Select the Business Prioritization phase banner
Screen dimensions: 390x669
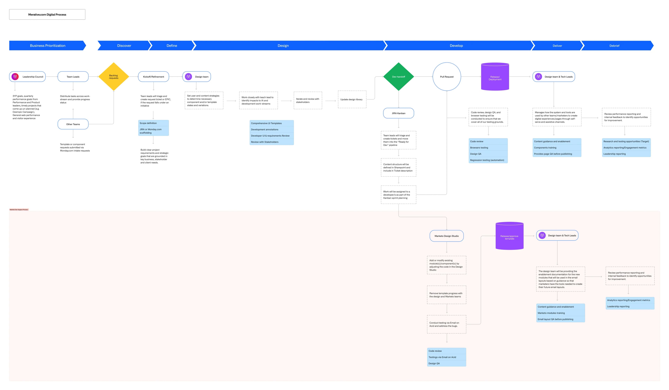coord(48,46)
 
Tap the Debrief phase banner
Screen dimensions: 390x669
coord(614,46)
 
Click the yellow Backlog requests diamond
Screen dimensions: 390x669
coord(114,77)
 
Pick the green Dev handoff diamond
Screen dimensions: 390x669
coord(398,77)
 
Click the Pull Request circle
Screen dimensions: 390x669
coord(447,77)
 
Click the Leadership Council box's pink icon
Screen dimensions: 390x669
coord(15,77)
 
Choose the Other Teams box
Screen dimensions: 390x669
coord(73,124)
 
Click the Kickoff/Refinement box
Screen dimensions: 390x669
coord(153,77)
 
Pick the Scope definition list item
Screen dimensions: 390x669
coord(153,123)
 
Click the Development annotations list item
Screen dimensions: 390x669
coord(271,130)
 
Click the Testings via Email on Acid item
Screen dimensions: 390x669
coord(446,357)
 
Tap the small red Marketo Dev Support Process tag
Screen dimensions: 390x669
coord(19,210)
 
